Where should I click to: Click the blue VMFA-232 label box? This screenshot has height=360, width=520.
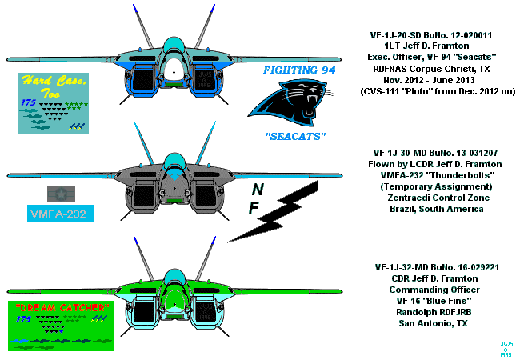click(x=59, y=214)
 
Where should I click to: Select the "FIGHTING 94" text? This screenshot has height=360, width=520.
click(x=299, y=71)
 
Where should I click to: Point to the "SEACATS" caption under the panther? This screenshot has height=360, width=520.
click(x=294, y=137)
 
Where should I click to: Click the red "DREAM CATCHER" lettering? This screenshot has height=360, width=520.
click(x=58, y=307)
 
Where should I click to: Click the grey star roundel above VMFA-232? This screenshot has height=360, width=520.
click(x=59, y=193)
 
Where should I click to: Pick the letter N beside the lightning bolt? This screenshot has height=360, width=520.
click(x=257, y=190)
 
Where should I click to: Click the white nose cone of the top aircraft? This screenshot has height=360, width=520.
click(x=173, y=70)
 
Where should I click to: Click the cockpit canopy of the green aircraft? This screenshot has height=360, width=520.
click(x=173, y=277)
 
